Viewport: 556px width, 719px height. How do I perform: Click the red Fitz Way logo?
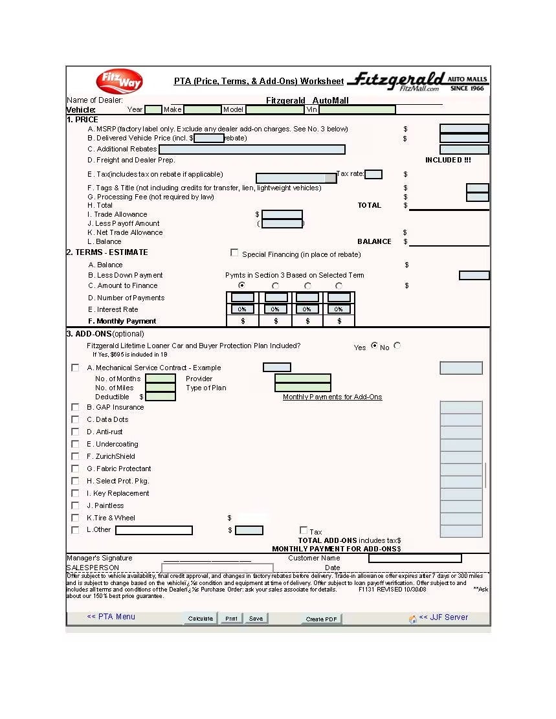[x=119, y=82]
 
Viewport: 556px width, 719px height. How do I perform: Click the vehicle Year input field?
[x=153, y=109]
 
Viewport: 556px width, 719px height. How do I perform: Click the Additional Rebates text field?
[x=252, y=149]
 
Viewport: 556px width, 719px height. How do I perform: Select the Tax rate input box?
[x=373, y=174]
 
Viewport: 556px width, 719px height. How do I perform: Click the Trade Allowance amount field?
[x=282, y=214]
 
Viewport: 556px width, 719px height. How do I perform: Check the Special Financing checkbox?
[x=234, y=253]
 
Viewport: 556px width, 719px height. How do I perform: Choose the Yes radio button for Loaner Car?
[x=374, y=346]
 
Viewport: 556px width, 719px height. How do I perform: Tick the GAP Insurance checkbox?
[x=75, y=407]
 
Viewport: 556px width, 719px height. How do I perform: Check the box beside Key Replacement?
[x=75, y=493]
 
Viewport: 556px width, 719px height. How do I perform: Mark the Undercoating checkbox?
[x=75, y=444]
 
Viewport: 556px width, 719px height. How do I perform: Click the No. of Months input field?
[x=161, y=379]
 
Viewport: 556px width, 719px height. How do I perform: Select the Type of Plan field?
[x=302, y=388]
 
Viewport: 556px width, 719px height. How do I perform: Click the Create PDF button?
[x=322, y=619]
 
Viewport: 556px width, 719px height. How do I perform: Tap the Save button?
[x=256, y=619]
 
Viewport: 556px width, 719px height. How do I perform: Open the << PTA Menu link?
[x=111, y=617]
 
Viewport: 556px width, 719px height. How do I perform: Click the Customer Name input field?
[x=415, y=558]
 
